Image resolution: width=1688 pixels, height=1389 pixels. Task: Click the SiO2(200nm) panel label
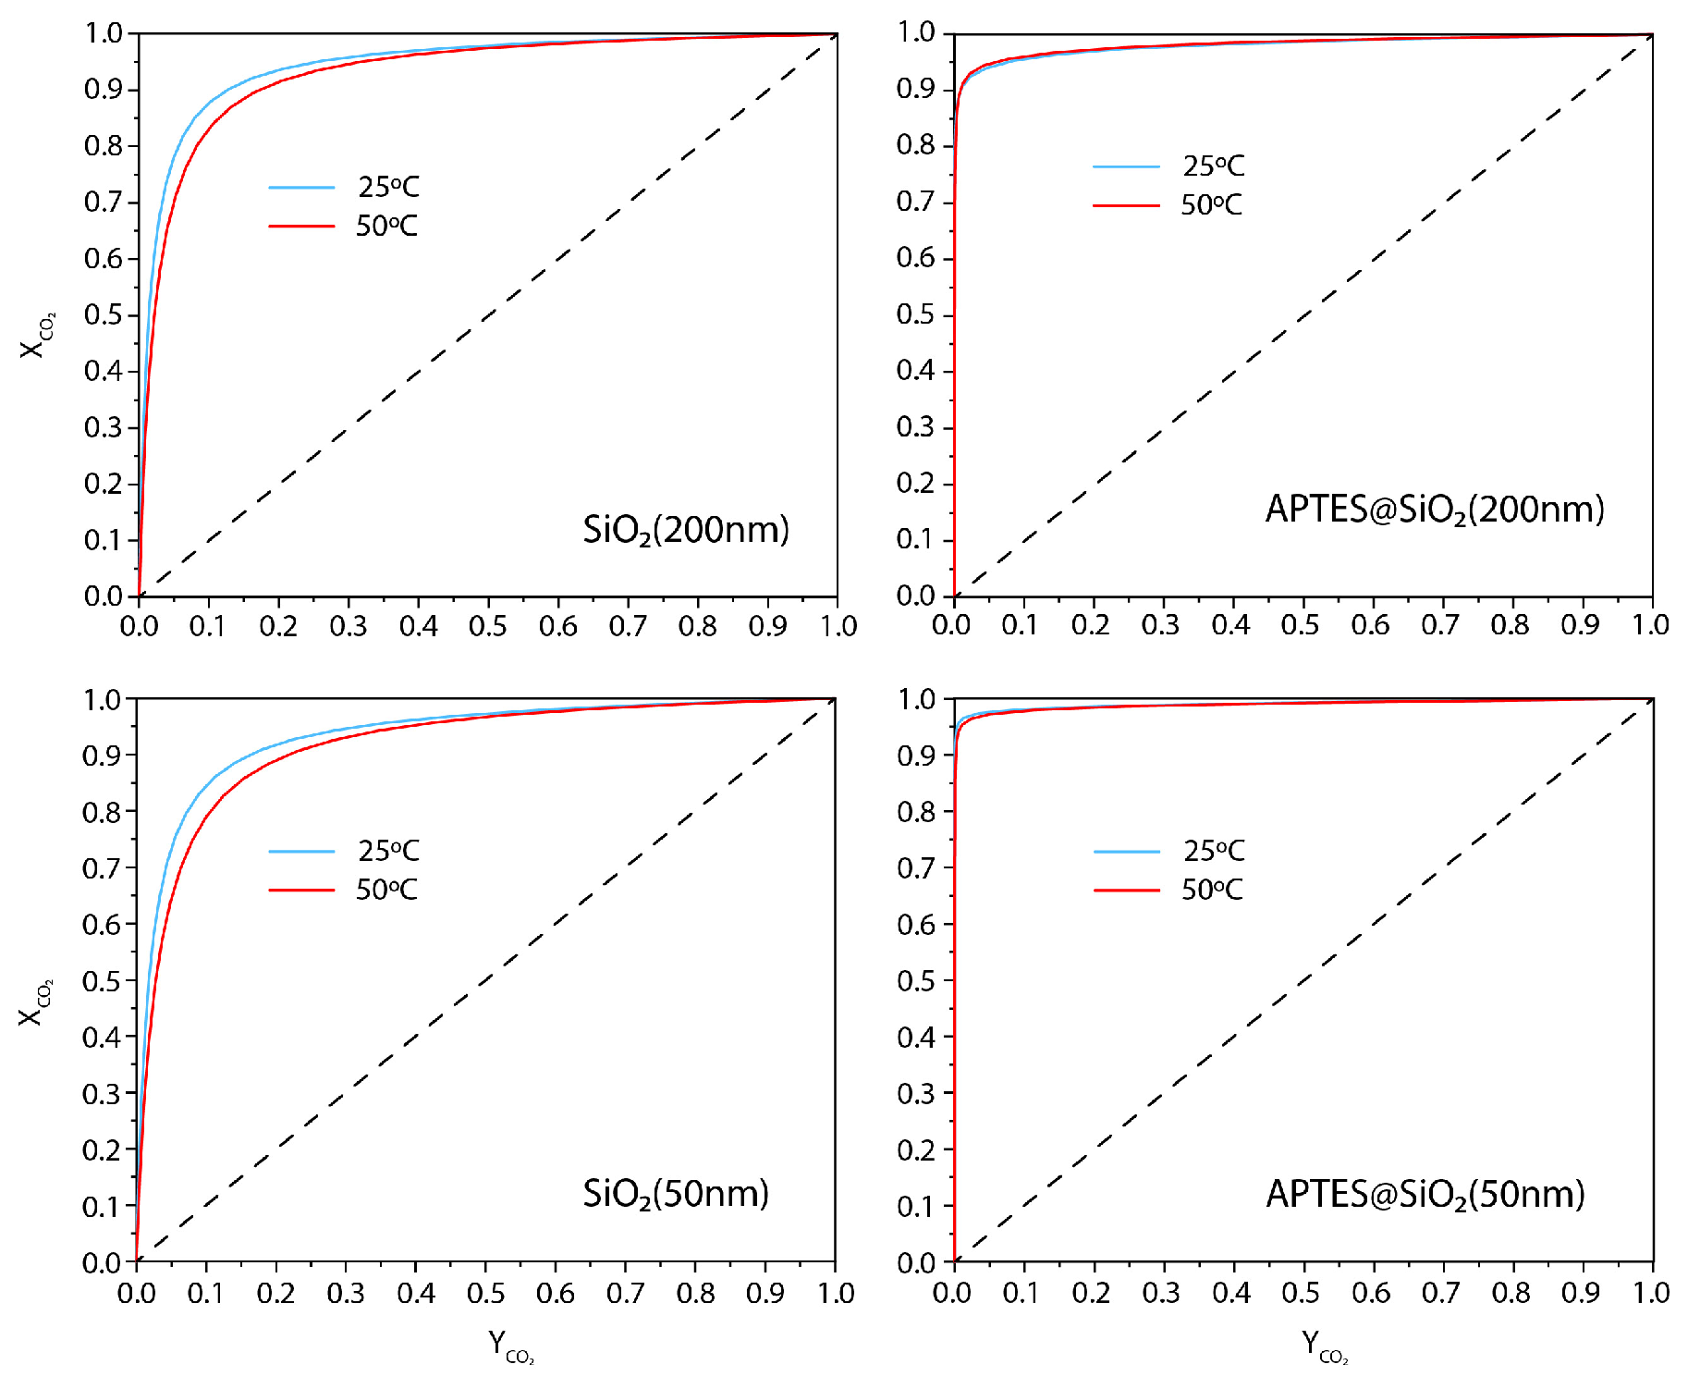point(685,530)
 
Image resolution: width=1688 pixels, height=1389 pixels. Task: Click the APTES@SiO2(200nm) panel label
point(1434,510)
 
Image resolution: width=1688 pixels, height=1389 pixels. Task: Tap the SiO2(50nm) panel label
point(675,1194)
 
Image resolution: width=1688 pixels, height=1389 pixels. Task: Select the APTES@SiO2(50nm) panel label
point(1425,1194)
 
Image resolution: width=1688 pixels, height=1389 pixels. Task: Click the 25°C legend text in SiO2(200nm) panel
point(388,187)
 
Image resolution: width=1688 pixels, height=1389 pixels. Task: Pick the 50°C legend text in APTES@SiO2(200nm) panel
point(1211,204)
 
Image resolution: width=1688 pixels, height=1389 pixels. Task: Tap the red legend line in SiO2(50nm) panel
point(301,890)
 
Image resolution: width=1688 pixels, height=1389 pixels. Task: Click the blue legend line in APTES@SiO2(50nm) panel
point(1126,851)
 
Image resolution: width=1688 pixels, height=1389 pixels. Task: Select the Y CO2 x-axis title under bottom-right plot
point(1324,1346)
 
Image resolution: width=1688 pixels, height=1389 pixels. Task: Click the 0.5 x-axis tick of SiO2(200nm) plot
point(487,626)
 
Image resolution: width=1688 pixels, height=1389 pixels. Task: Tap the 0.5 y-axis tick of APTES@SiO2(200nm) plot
point(915,314)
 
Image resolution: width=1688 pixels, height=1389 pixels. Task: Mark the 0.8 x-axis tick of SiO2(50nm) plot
point(695,1293)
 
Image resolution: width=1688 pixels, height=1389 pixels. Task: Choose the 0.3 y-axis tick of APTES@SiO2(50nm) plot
point(916,1093)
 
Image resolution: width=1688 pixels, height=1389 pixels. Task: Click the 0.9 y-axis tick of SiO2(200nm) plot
point(104,90)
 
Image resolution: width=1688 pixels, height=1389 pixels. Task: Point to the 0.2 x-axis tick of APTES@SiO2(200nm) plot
point(1091,625)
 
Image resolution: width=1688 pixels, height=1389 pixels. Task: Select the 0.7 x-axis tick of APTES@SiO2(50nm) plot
point(1440,1293)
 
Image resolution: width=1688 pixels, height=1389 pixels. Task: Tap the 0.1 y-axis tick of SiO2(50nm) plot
point(102,1206)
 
